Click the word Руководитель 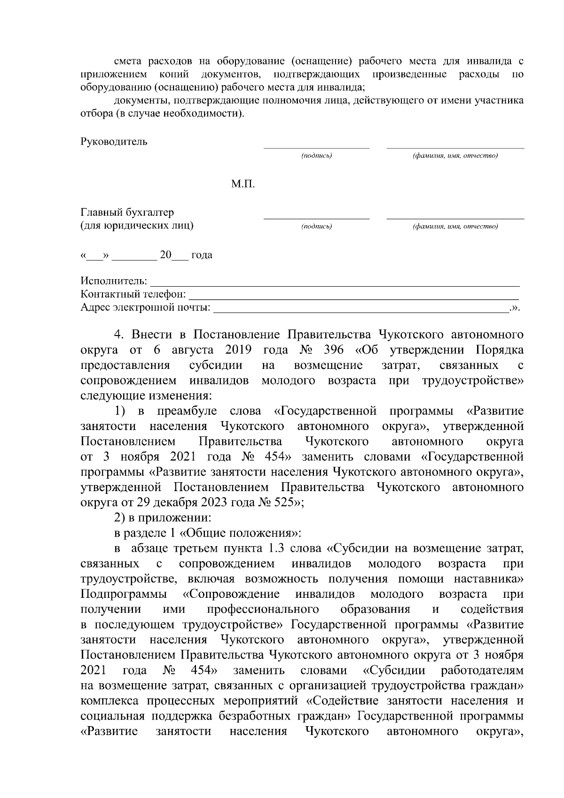coord(114,141)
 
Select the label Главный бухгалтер coord(127,212)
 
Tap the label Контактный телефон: coord(133,295)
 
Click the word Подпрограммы coord(123,594)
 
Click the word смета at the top coord(129,62)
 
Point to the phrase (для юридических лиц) coord(137,226)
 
